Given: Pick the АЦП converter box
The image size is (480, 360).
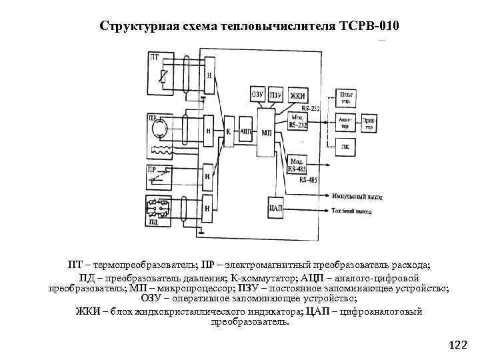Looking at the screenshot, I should (245, 131).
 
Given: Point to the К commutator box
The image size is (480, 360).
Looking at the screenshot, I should (228, 131).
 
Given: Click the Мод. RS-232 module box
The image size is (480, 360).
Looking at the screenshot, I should (299, 121).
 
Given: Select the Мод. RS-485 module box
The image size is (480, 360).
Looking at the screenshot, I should (297, 164).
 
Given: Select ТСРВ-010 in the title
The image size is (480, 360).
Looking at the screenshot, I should (367, 27).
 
